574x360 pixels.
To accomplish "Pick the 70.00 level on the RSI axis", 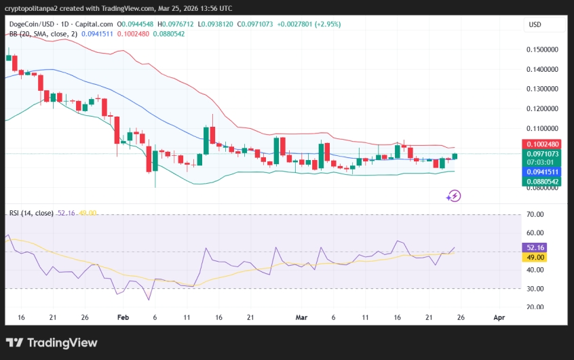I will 535,214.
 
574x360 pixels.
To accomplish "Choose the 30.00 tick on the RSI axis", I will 535,289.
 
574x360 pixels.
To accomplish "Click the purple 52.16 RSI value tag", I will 536,248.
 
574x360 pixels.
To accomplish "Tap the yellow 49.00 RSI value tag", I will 536,258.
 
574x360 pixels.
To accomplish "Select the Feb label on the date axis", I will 123,317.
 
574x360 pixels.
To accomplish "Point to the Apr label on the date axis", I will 499,317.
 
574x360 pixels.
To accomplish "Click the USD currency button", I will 535,25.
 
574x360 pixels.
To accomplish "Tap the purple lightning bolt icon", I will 454,197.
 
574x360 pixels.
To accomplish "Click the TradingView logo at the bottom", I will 52,343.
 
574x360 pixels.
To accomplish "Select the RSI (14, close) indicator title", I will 31,213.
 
